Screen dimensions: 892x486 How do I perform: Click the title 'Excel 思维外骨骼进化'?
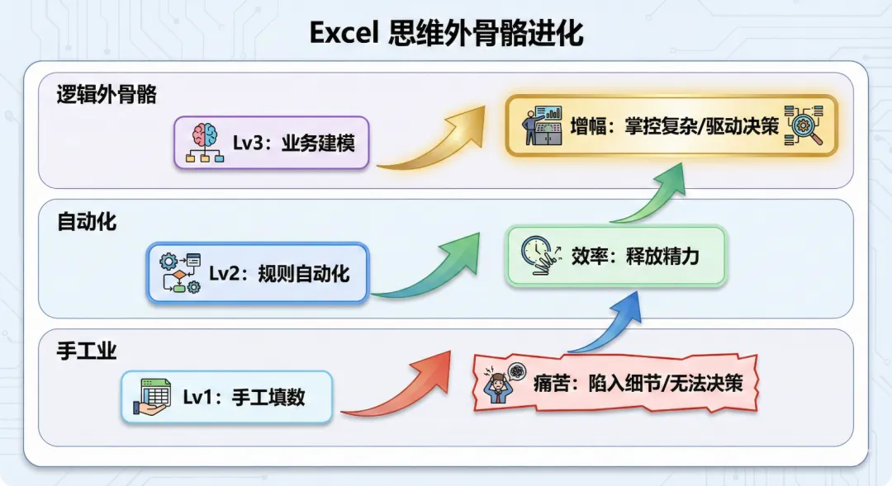(446, 33)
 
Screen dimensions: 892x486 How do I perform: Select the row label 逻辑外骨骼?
(107, 94)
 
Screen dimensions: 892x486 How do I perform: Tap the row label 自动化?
(87, 222)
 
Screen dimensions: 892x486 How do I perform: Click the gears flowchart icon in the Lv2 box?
(180, 273)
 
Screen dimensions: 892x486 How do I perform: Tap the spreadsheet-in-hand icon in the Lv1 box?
(153, 397)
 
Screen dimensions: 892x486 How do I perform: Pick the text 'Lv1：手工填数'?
(244, 397)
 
